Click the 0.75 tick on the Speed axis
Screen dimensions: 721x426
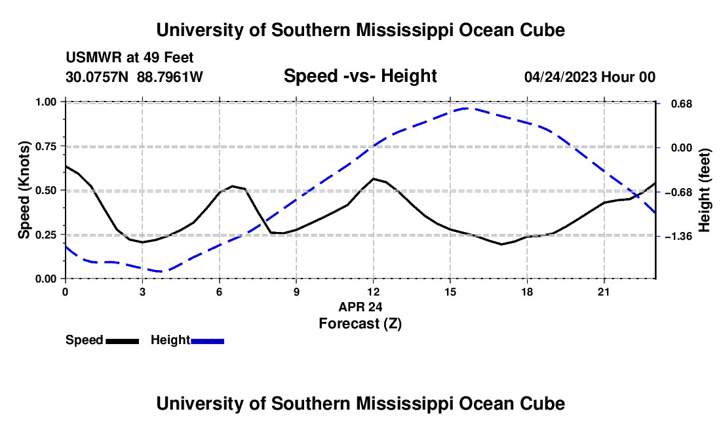coord(48,146)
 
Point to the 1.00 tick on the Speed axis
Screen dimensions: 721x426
coord(48,102)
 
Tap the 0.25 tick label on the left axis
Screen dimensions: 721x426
coord(48,235)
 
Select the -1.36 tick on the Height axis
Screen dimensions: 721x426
coord(678,236)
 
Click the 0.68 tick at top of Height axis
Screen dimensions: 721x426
coord(682,104)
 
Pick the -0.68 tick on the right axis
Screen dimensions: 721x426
coord(678,192)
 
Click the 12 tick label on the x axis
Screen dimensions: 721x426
coord(374,292)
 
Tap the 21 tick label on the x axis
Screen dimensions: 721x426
coord(604,292)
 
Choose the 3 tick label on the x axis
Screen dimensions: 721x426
coord(142,292)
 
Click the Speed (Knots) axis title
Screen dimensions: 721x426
coord(24,190)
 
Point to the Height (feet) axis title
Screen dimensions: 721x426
coord(705,190)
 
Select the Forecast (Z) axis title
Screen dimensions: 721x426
coord(360,324)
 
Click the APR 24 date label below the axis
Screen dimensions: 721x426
coord(360,307)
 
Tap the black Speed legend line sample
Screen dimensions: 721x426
coord(123,341)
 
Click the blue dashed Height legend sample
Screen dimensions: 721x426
coord(207,341)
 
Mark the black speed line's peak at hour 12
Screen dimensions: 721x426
coord(374,178)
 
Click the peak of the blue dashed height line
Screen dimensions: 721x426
coord(467,108)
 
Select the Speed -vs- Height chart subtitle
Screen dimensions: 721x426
coord(360,76)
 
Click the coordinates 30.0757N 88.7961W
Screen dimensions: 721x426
coord(134,77)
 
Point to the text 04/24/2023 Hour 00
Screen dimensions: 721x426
coord(590,77)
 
